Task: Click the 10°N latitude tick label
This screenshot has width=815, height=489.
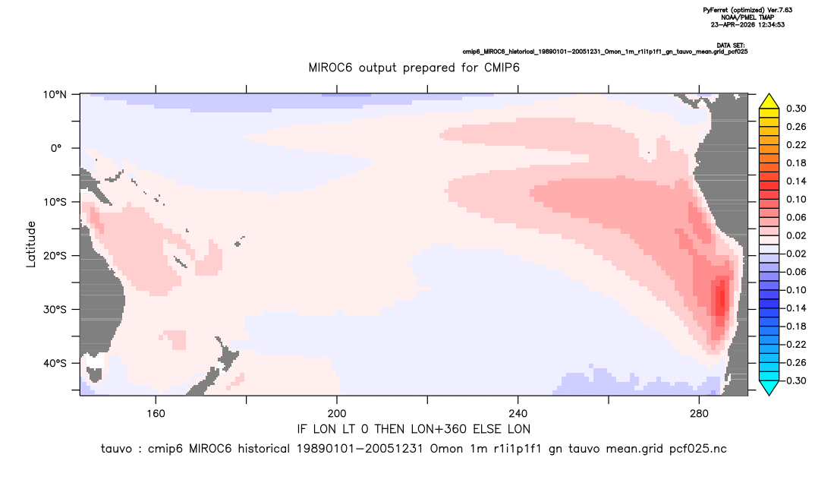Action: click(x=55, y=95)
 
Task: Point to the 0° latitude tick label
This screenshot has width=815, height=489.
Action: click(x=57, y=148)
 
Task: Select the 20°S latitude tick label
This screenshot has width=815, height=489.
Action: click(x=55, y=256)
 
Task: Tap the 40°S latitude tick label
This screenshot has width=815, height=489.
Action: click(x=55, y=363)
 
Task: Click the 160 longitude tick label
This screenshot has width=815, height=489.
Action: click(x=156, y=414)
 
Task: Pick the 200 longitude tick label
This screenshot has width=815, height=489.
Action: click(x=337, y=414)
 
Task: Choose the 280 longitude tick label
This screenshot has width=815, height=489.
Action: click(x=699, y=414)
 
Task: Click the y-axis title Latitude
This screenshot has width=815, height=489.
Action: click(x=31, y=244)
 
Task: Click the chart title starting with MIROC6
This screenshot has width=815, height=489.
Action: click(x=414, y=68)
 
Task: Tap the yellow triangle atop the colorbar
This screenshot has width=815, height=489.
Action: click(x=769, y=102)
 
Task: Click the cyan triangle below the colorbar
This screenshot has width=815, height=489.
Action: click(x=769, y=387)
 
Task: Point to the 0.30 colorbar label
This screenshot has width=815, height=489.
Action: click(x=796, y=109)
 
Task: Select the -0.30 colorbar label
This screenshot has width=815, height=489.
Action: click(x=795, y=380)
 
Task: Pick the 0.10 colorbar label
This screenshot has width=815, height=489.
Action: click(x=796, y=199)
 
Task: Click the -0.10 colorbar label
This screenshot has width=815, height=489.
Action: click(x=795, y=290)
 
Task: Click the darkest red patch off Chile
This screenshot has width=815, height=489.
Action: click(x=720, y=298)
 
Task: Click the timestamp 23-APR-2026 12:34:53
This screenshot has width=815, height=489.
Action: click(x=747, y=24)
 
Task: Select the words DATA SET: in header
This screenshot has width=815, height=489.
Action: click(x=730, y=46)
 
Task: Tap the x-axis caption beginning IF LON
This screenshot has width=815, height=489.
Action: click(x=414, y=429)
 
